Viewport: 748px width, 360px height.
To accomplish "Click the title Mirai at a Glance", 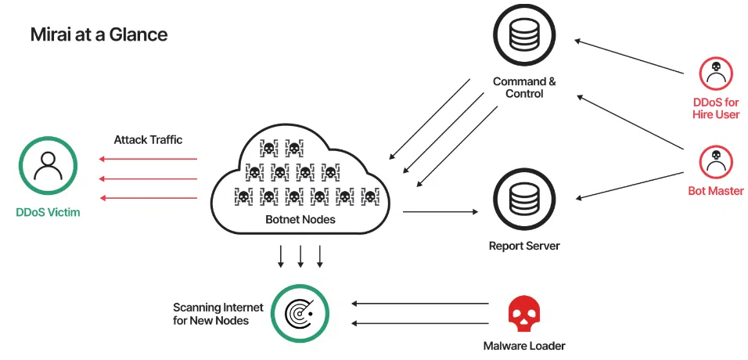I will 99,34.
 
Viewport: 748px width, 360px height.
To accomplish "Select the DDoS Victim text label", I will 48,212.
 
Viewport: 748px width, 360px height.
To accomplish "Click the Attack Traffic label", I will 148,139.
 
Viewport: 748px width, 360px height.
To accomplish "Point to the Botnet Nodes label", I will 301,219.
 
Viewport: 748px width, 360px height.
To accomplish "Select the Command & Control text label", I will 524,88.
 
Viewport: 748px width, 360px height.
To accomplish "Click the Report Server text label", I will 524,246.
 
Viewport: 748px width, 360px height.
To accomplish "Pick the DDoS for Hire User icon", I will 715,74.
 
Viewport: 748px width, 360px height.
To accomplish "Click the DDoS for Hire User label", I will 715,109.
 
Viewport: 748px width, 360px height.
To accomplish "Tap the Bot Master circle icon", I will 715,161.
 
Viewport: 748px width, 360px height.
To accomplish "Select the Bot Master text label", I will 715,191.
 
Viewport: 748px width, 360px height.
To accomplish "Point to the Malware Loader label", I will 524,345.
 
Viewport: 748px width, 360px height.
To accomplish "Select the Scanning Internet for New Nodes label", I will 210,314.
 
